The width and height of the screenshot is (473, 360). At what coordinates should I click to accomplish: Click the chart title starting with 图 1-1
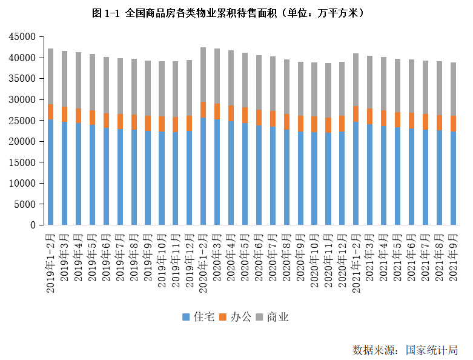[228, 13]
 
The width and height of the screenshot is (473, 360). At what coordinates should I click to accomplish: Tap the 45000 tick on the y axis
[22, 37]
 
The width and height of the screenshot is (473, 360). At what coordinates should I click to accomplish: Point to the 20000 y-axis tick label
[22, 141]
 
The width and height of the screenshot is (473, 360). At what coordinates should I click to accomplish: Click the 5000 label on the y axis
[25, 204]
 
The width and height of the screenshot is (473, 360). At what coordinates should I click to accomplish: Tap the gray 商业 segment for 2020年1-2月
[203, 74]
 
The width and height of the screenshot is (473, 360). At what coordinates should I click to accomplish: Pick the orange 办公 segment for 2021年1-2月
[356, 114]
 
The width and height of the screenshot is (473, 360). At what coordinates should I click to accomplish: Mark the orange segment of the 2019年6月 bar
[106, 121]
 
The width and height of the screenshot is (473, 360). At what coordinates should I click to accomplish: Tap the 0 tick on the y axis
[33, 225]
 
